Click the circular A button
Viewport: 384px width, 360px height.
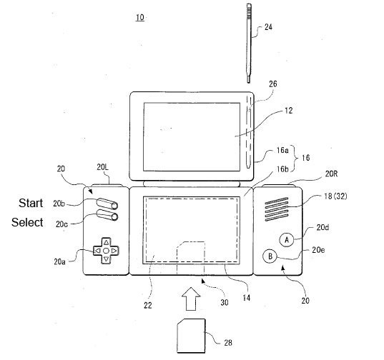(286, 240)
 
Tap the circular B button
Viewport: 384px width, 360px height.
(270, 256)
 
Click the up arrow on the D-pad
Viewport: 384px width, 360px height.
(106, 243)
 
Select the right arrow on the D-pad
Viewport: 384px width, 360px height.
(114, 251)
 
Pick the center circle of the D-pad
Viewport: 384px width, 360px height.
(106, 251)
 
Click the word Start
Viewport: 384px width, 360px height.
(31, 203)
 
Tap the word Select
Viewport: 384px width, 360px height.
(27, 222)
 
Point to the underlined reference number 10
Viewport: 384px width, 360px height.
(140, 18)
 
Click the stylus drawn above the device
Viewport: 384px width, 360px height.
(249, 44)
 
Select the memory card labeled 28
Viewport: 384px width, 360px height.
(191, 336)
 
